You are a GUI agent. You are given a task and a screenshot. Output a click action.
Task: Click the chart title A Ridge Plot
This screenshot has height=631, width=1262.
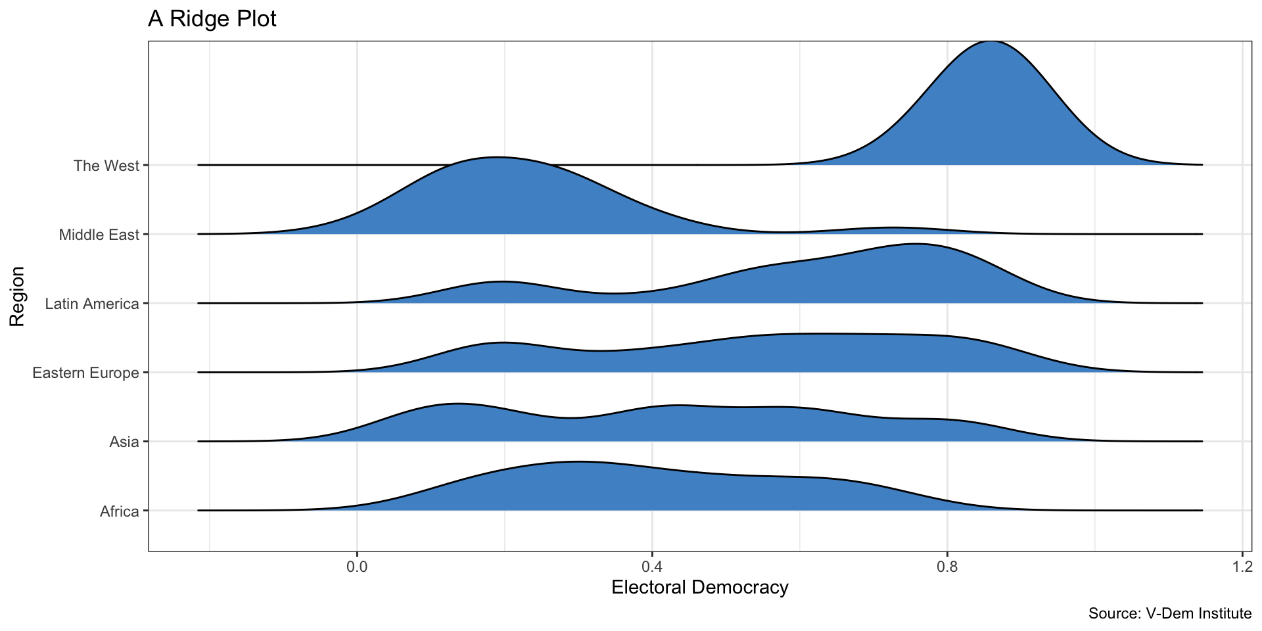click(212, 19)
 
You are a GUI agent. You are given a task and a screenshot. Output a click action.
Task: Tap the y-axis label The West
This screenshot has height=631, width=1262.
click(106, 166)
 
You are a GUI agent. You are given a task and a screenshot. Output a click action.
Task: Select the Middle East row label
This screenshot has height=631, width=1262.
click(99, 235)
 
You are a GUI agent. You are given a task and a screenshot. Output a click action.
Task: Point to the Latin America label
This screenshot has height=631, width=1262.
click(92, 304)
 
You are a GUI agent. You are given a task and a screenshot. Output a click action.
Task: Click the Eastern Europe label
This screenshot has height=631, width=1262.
click(86, 373)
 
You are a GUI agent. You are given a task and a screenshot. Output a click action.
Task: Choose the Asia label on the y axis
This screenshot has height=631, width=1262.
click(125, 442)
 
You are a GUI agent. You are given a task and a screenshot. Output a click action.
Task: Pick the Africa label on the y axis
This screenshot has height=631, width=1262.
click(120, 511)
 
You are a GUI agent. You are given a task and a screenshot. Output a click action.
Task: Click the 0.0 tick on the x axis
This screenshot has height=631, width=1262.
click(357, 566)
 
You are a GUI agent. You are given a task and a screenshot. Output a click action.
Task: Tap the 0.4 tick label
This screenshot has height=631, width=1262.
click(652, 566)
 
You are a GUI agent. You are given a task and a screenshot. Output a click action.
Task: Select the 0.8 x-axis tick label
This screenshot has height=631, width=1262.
click(947, 566)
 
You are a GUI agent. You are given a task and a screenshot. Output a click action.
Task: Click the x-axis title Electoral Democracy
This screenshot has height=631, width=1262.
click(700, 588)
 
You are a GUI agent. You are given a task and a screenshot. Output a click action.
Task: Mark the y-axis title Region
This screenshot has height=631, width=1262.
click(18, 296)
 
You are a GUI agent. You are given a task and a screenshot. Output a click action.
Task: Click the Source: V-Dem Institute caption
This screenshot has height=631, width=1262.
click(1169, 614)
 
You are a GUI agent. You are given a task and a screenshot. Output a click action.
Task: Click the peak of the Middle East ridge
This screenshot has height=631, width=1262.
click(497, 158)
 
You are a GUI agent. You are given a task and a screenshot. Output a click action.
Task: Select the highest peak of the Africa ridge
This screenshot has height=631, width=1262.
click(577, 462)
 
